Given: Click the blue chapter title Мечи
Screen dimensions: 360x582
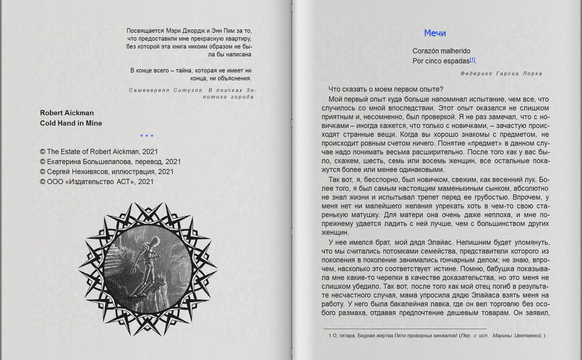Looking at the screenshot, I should tap(435, 33).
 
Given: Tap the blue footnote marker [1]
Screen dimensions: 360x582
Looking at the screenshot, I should tap(472, 60).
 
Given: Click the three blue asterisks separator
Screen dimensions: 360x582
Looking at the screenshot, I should tap(147, 136).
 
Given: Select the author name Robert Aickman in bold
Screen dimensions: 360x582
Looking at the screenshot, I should tap(67, 113).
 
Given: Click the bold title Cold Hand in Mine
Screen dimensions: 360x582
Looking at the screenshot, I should tap(71, 123).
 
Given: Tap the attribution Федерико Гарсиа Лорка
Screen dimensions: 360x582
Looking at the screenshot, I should tap(501, 73).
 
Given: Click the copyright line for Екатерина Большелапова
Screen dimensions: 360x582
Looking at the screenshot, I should tap(110, 162).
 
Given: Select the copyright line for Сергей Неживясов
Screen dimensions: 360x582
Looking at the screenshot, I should tap(107, 172).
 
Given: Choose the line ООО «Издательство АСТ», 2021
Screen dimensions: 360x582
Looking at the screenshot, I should tap(97, 182).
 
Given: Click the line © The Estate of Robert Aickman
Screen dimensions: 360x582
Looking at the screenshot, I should tap(99, 152).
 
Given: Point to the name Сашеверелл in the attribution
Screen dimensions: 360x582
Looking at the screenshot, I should tap(149, 90).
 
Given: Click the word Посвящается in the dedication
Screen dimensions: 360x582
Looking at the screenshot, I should tap(145, 31).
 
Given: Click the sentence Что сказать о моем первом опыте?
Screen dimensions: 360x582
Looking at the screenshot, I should tap(386, 89).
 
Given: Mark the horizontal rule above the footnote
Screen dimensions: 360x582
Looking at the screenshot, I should tap(405, 329).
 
